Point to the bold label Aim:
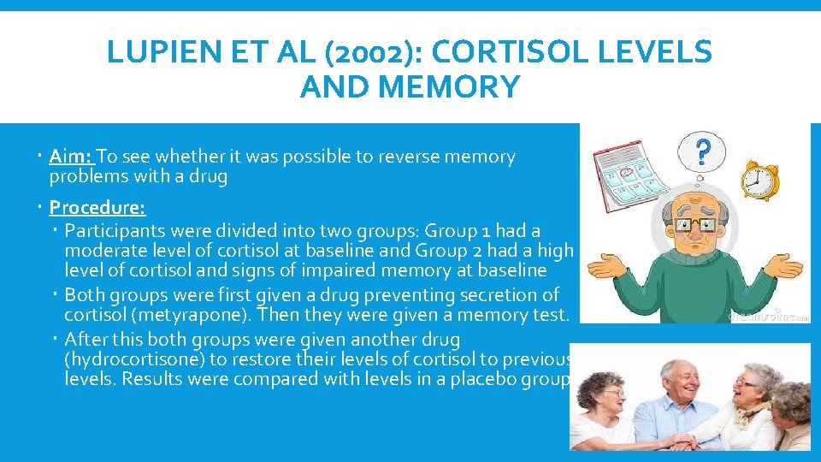72,157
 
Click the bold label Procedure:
97,207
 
